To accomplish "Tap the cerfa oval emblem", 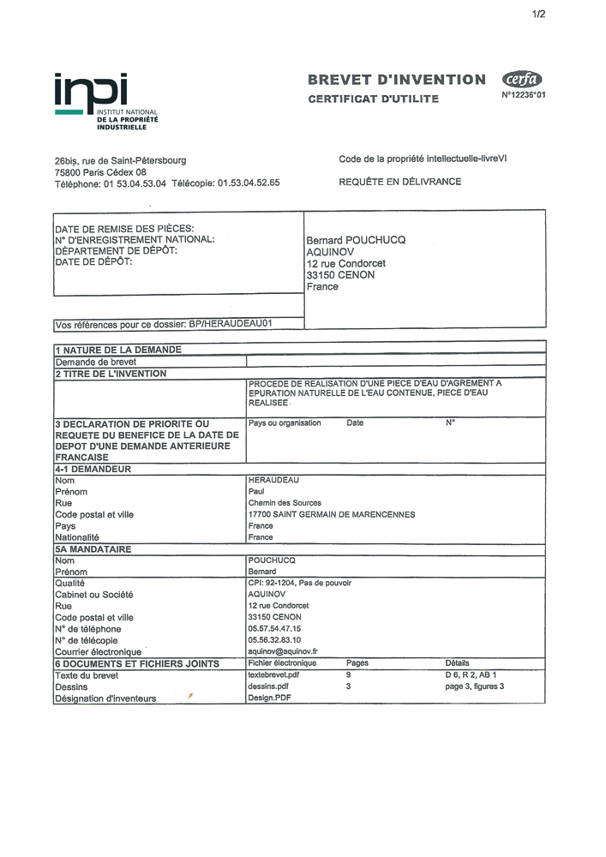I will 521,80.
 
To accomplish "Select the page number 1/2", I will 538,15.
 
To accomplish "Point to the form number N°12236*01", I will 523,96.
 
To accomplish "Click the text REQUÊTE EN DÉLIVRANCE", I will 399,182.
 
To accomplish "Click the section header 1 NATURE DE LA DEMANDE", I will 118,350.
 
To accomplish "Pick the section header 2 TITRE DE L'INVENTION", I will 111,374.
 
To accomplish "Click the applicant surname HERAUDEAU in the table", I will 272,481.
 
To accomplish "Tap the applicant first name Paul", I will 256,492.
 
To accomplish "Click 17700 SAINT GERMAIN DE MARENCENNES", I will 331,514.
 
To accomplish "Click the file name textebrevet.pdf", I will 273,674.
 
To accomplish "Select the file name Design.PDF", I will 265,698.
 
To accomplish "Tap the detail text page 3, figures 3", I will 474,686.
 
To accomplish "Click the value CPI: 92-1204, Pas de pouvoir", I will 299,583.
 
